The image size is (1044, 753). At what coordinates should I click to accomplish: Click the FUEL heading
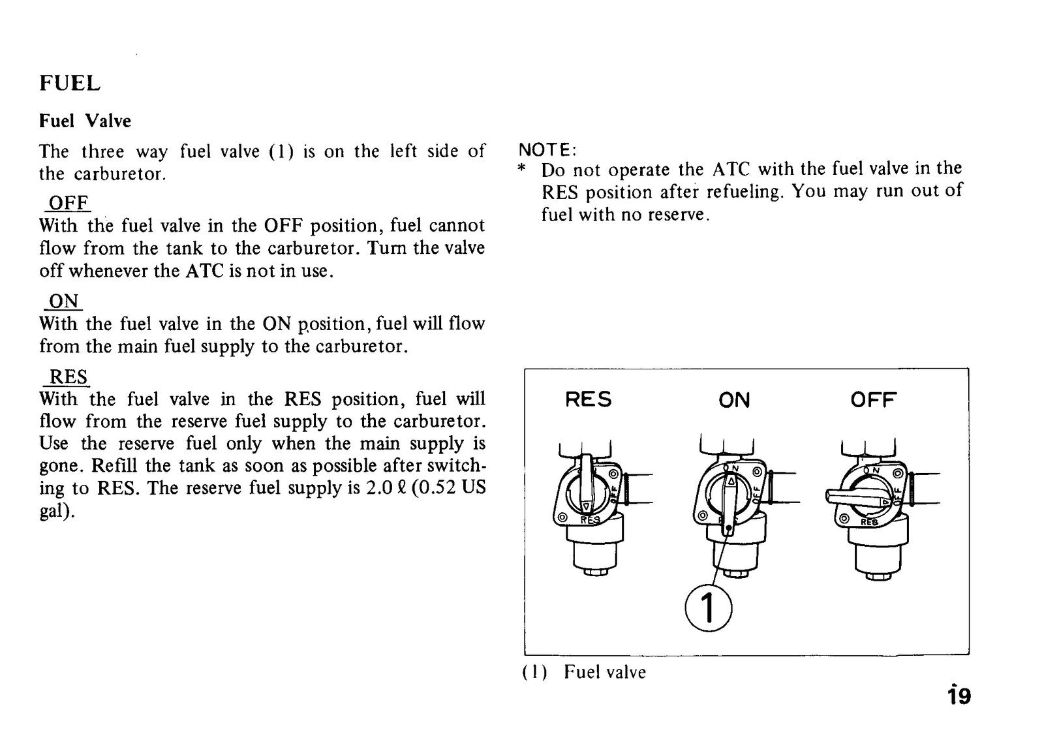coord(70,84)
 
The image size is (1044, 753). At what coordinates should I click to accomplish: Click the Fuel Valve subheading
coord(85,121)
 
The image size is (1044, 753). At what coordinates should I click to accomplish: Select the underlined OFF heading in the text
coord(69,203)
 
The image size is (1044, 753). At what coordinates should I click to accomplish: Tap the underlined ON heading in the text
coord(64,301)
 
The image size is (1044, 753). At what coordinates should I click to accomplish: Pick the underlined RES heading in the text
coord(69,376)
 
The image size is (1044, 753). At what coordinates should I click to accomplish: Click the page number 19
coord(959,696)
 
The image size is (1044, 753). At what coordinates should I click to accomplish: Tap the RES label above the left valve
coord(588,400)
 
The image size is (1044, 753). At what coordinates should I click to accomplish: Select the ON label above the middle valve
coord(734,400)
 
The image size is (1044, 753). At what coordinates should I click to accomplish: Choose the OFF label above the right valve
coord(874,400)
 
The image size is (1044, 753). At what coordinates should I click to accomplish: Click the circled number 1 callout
coord(709,608)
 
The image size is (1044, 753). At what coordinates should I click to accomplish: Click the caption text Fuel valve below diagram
coord(605,672)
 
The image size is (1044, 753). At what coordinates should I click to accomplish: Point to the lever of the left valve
coord(587,484)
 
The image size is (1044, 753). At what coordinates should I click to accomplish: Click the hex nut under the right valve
coord(878,576)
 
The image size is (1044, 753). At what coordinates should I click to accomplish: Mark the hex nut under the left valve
coord(594,572)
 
